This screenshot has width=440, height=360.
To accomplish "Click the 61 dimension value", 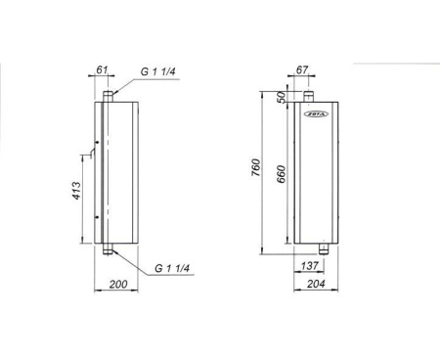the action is tap(102, 69).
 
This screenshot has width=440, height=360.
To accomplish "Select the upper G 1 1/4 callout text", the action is tap(158, 71).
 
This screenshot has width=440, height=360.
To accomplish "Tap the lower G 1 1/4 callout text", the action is tap(172, 268).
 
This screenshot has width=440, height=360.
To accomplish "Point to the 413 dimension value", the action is tap(76, 191).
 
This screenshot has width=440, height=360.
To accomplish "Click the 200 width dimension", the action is tap(118, 284).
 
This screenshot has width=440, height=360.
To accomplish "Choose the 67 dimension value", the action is tap(302, 69).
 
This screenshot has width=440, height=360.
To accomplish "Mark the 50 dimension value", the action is tap(281, 97).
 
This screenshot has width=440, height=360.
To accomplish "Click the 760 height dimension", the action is tap(256, 167).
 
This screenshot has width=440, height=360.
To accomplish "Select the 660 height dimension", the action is tap(281, 174).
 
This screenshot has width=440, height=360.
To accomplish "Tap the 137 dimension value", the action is tap(309, 266).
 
